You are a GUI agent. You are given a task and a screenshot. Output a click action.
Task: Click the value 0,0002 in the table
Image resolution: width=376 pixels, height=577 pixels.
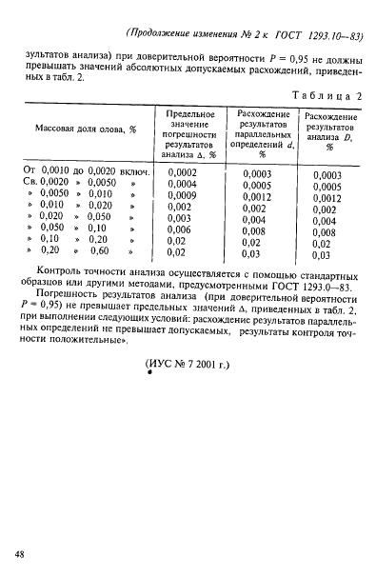click(x=181, y=171)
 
